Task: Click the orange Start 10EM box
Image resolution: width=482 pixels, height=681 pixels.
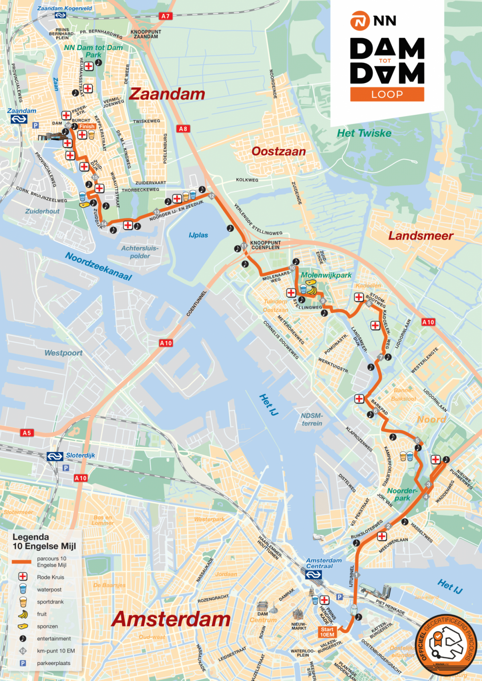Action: click(327, 632)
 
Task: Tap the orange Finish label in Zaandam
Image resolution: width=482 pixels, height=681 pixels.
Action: click(87, 126)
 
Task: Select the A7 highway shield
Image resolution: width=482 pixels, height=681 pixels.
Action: click(165, 16)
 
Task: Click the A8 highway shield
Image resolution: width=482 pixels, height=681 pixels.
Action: click(183, 129)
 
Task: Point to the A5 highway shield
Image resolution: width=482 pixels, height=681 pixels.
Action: click(27, 433)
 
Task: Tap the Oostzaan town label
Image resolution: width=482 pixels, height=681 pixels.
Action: click(278, 151)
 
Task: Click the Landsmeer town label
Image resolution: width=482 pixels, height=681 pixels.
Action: click(421, 236)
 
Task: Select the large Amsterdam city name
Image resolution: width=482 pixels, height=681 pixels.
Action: click(171, 619)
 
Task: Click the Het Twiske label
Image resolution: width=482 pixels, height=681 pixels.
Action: click(364, 133)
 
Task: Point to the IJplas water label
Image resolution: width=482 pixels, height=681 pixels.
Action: click(198, 235)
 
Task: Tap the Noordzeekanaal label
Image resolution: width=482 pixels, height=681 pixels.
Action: click(98, 266)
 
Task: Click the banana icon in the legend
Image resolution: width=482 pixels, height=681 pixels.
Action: click(23, 614)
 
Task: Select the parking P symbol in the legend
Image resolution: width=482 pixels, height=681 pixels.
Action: click(23, 663)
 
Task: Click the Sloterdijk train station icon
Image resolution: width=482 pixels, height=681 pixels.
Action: click(55, 456)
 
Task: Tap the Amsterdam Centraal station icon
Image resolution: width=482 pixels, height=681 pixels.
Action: click(313, 575)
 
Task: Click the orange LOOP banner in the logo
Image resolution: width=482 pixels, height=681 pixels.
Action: click(387, 94)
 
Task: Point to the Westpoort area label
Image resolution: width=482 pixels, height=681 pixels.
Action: click(63, 353)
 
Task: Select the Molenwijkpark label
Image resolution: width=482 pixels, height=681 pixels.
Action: click(326, 275)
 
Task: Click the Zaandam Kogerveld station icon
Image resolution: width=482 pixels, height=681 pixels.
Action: click(60, 15)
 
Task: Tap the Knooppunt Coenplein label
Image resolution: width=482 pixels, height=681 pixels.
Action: click(266, 245)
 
